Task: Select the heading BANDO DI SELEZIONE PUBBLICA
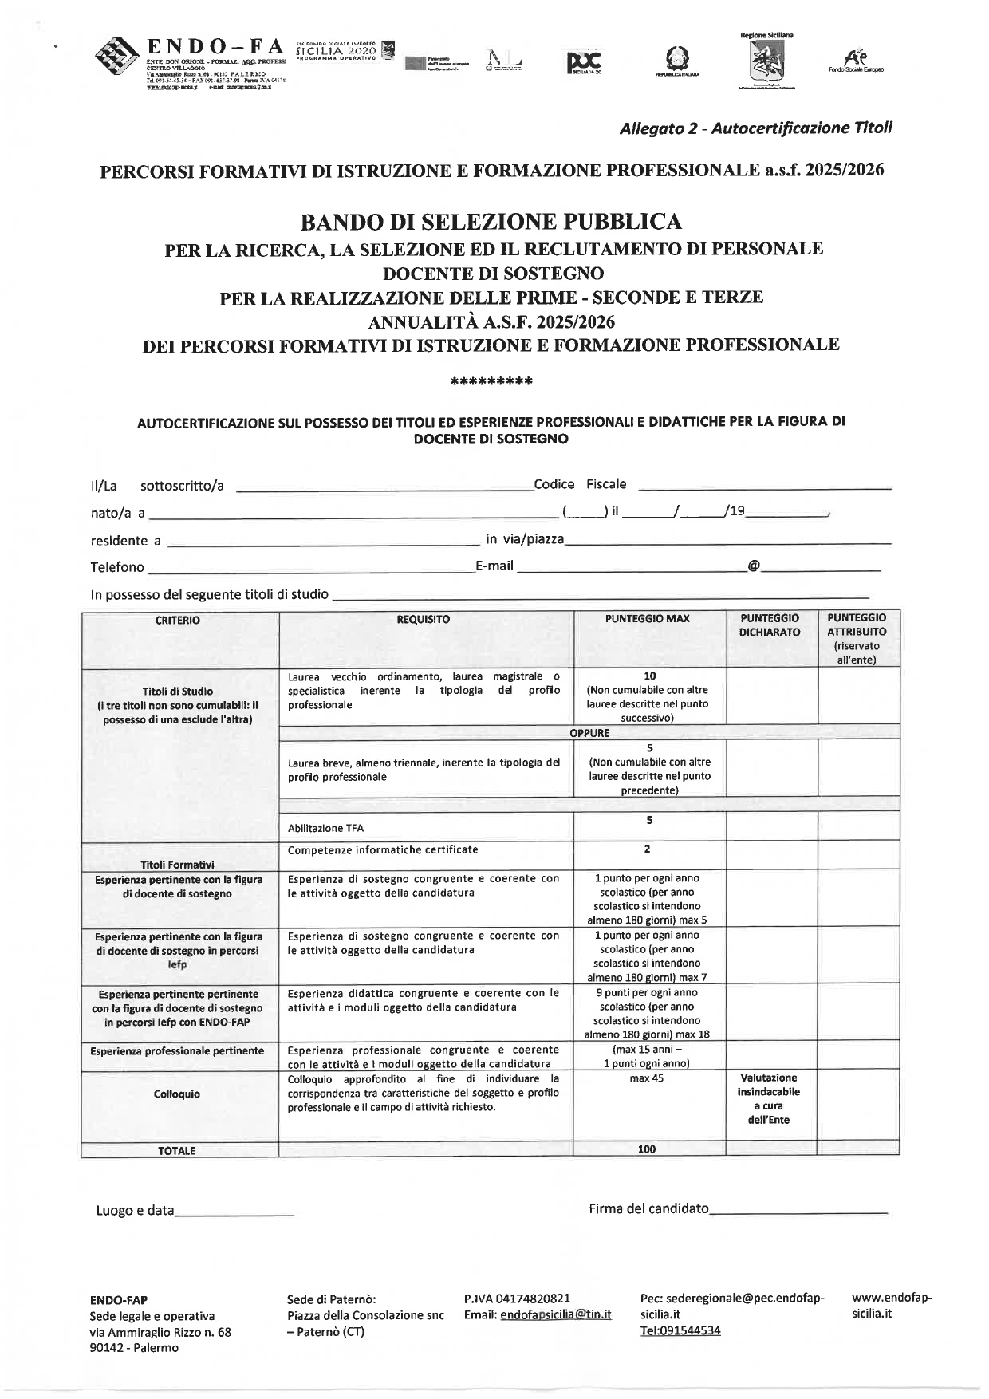pyautogui.click(x=491, y=222)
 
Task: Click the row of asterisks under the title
pyautogui.click(x=491, y=382)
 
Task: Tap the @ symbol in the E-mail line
pyautogui.click(x=753, y=566)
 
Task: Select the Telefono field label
pyautogui.click(x=117, y=567)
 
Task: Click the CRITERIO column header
pyautogui.click(x=178, y=620)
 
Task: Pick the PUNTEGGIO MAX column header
pyautogui.click(x=647, y=619)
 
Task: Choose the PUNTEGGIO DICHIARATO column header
pyautogui.click(x=770, y=625)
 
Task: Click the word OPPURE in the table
pyautogui.click(x=589, y=733)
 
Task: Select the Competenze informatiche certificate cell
pyautogui.click(x=383, y=849)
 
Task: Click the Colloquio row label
pyautogui.click(x=177, y=1094)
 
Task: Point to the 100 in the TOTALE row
pyautogui.click(x=647, y=1149)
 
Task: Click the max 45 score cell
pyautogui.click(x=647, y=1078)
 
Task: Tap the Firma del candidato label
pyautogui.click(x=648, y=1208)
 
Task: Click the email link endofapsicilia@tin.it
pyautogui.click(x=555, y=1314)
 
